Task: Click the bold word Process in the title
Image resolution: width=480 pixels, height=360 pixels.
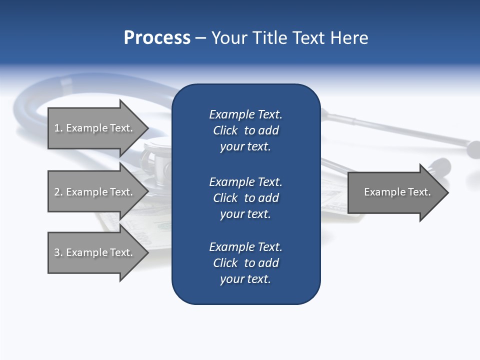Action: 157,38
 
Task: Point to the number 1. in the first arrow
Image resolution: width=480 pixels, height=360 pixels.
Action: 58,128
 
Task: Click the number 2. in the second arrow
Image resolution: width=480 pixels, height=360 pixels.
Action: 58,192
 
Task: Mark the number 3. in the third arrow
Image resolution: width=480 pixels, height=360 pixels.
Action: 58,252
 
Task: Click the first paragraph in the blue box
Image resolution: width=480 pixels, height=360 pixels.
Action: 245,130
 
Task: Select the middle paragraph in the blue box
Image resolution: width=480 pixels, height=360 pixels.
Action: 245,198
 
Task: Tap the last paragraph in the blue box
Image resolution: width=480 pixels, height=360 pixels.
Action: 245,263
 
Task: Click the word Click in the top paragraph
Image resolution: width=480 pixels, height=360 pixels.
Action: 225,130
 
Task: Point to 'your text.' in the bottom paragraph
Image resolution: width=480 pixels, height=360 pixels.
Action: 245,279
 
